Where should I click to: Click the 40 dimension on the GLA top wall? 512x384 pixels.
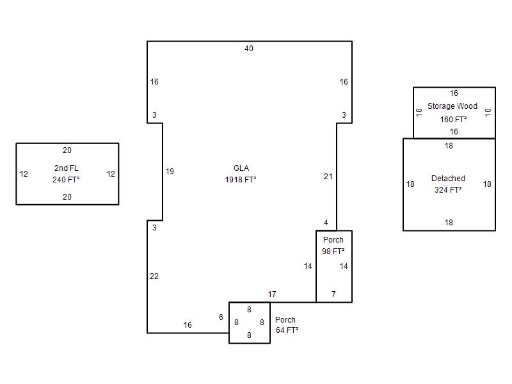249,49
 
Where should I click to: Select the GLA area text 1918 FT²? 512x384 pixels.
241,180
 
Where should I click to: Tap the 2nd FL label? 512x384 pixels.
67,168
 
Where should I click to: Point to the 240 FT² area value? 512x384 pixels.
67,180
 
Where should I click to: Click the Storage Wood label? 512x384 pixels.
452,106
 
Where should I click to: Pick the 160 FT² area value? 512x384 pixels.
454,120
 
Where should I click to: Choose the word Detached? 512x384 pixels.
448,179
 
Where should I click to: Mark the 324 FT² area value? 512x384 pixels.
448,190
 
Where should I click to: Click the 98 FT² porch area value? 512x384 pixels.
333,252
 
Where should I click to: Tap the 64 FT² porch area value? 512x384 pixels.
287,330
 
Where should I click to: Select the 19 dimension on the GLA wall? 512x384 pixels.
170,172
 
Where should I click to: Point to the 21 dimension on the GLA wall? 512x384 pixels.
328,177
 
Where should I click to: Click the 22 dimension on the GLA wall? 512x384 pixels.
154,276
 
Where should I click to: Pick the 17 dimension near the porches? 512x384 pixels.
272,294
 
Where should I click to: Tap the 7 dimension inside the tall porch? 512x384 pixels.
333,294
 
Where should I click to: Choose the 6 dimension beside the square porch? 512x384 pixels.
221,317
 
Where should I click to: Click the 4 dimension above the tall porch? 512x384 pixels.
326,223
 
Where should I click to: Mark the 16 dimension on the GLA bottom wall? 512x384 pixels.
188,325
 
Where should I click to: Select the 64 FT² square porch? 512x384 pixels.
229,323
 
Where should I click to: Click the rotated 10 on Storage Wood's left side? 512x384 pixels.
419,113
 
